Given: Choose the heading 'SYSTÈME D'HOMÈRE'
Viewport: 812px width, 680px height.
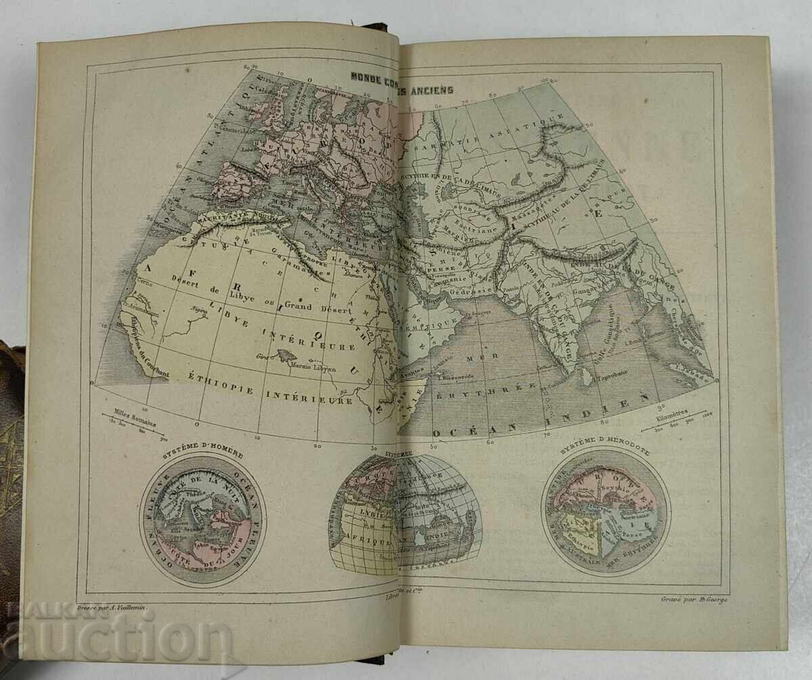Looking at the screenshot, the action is click(x=203, y=455).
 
